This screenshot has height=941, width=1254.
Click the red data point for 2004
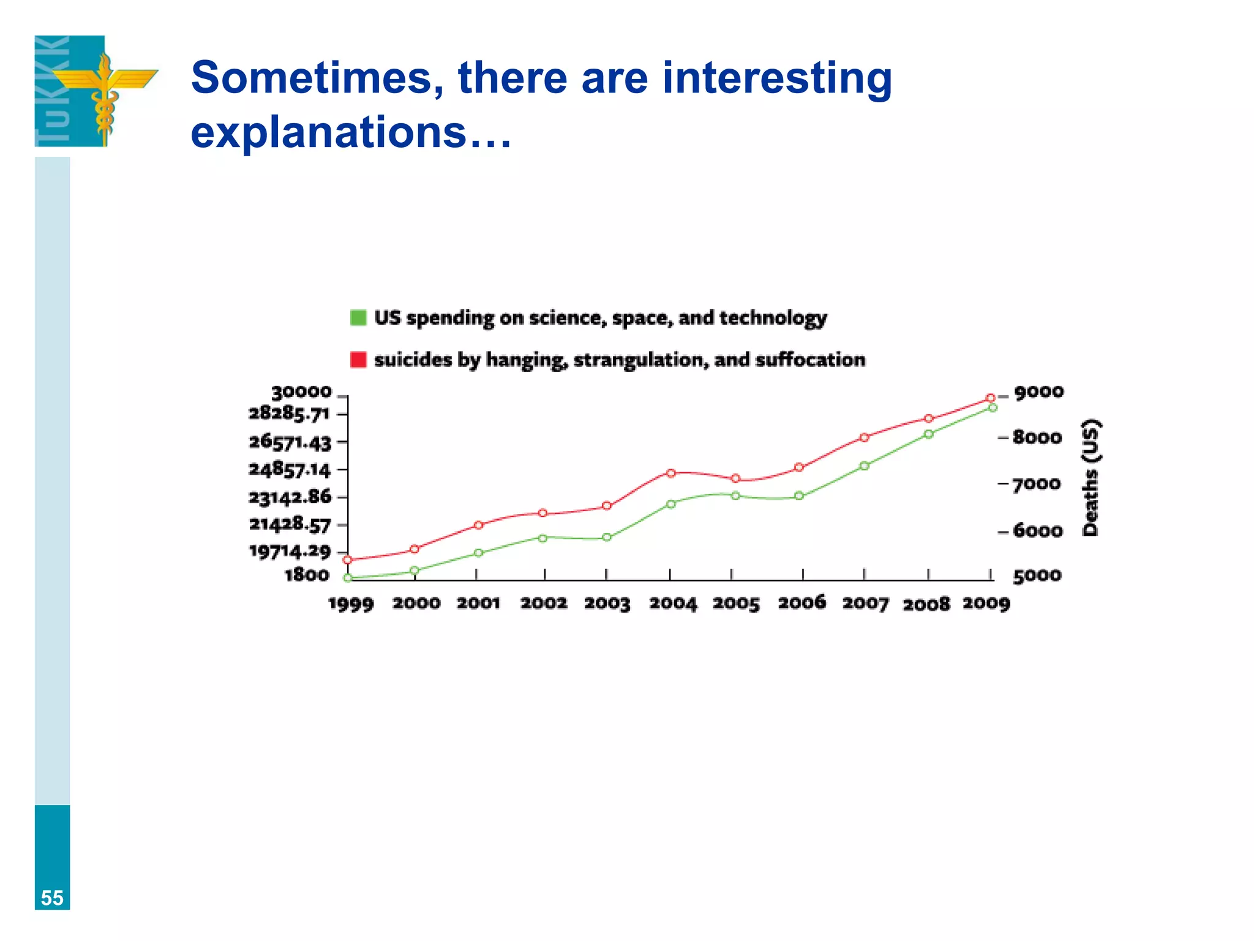[x=670, y=473]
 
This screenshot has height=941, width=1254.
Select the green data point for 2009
[x=993, y=407]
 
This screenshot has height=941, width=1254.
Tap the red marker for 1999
[x=348, y=560]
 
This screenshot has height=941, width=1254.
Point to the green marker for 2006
[x=799, y=496]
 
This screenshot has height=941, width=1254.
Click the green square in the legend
[x=358, y=317]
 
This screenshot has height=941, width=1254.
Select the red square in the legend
[x=358, y=360]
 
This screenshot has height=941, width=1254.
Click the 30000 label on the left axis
[x=301, y=392]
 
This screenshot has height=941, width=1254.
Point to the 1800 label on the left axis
[x=307, y=575]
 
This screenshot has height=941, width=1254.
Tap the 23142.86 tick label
[x=290, y=497]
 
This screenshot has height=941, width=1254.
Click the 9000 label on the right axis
[x=1038, y=392]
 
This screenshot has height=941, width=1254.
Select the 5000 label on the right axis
[x=1037, y=576]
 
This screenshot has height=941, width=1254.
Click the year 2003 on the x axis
[x=607, y=603]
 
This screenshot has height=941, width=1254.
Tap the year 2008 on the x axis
[x=926, y=605]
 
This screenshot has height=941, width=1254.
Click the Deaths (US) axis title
[x=1091, y=478]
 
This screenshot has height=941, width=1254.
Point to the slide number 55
[x=52, y=898]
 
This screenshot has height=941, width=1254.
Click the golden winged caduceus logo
[x=105, y=92]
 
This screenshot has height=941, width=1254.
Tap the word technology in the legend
[x=773, y=318]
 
